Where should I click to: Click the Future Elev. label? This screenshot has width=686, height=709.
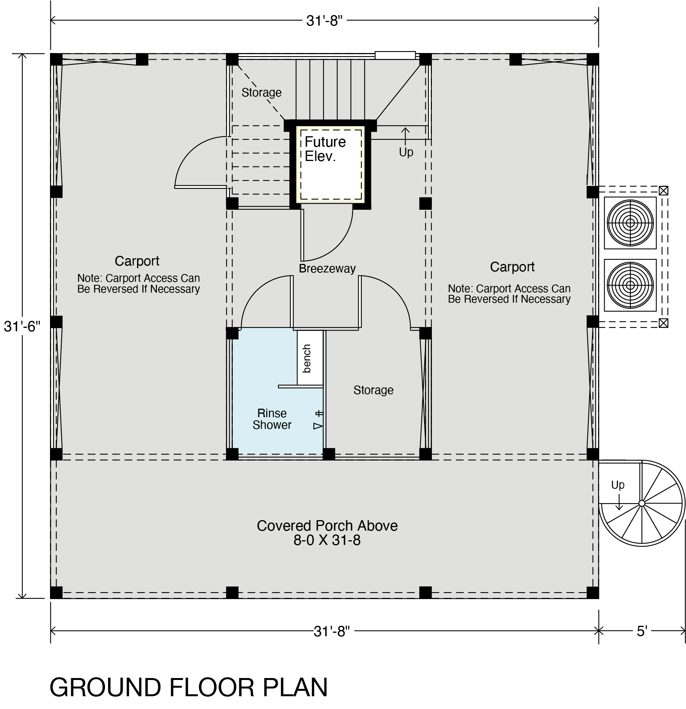click(325, 149)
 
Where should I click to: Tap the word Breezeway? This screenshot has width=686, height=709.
click(327, 269)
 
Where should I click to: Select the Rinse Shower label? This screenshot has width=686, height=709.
click(272, 419)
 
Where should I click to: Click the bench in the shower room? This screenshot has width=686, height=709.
click(310, 358)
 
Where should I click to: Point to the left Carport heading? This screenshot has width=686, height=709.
click(137, 261)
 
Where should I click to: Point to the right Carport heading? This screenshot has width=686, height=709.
click(512, 267)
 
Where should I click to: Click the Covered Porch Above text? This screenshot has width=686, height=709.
click(327, 526)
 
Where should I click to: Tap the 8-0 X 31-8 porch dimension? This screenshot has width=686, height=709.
click(327, 540)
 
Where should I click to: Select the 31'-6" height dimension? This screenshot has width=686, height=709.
click(22, 327)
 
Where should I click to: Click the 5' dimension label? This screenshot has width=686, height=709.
click(642, 632)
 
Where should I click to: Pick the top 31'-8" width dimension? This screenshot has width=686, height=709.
click(325, 21)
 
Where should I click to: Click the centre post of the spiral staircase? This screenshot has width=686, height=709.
click(641, 503)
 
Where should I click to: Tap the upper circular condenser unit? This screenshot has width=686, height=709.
click(630, 223)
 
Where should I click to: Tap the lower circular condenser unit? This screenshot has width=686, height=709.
click(630, 285)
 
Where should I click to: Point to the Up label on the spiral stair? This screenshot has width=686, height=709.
click(618, 485)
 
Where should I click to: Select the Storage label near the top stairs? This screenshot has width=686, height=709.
click(261, 92)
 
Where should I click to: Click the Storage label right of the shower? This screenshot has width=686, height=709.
click(373, 390)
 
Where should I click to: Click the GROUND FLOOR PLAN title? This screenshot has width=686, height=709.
click(189, 687)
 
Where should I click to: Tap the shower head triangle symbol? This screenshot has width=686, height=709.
click(318, 426)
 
